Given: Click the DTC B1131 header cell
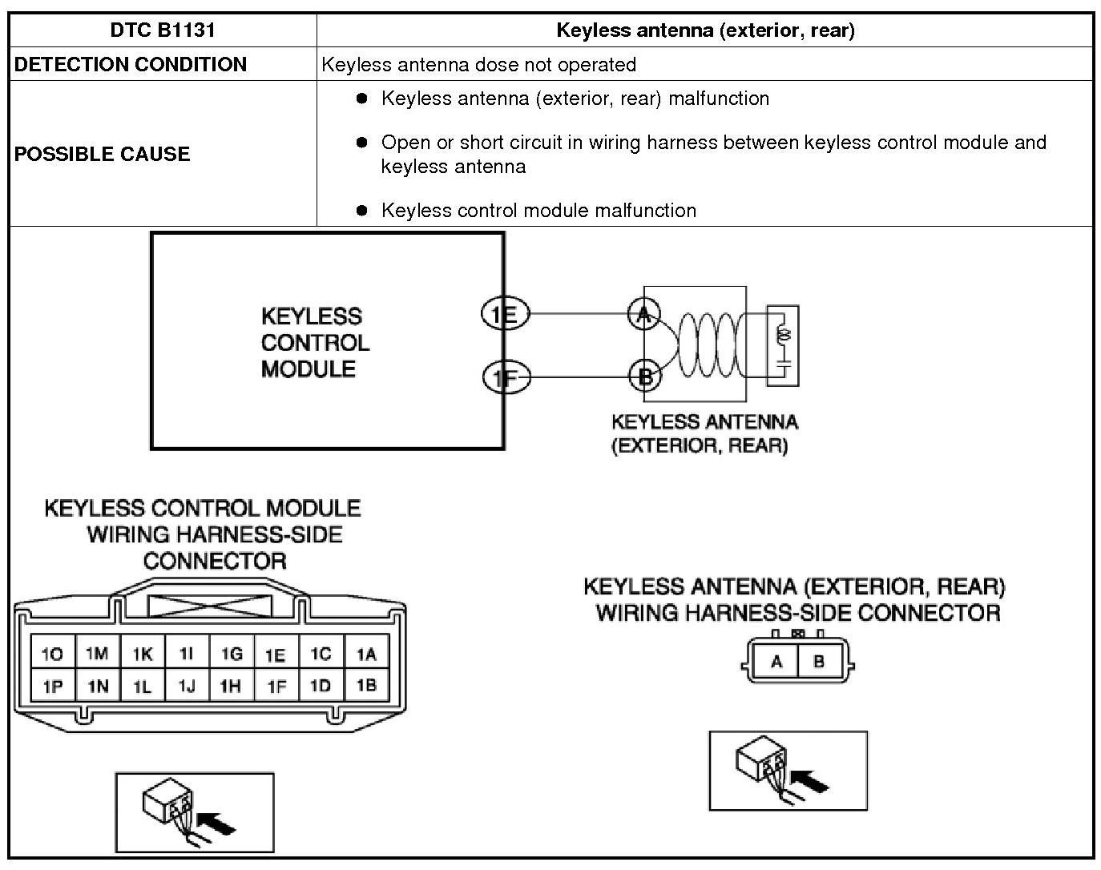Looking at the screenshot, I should pyautogui.click(x=163, y=30).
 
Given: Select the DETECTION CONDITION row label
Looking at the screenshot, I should pyautogui.click(x=131, y=65).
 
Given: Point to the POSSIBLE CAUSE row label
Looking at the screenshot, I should pyautogui.click(x=102, y=154).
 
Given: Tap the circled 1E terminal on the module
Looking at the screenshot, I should pyautogui.click(x=505, y=313).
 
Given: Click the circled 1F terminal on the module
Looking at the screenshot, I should pyautogui.click(x=506, y=376).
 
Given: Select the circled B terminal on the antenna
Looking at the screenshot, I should pyautogui.click(x=644, y=375).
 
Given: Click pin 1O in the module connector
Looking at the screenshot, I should pyautogui.click(x=52, y=655).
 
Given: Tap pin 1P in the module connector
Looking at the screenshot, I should pyautogui.click(x=52, y=687).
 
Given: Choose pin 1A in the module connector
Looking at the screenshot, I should pyautogui.click(x=366, y=655).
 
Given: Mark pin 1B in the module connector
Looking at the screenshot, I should pyautogui.click(x=366, y=686).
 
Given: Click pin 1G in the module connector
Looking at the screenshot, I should pyautogui.click(x=232, y=655).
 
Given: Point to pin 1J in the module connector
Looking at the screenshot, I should pyautogui.click(x=187, y=687).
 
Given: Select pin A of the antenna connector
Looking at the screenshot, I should pyautogui.click(x=776, y=663).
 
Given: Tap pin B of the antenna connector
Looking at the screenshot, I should pyautogui.click(x=819, y=663).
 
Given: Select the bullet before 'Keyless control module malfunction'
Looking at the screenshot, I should pyautogui.click(x=362, y=210).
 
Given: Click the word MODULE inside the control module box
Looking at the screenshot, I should pyautogui.click(x=309, y=369).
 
